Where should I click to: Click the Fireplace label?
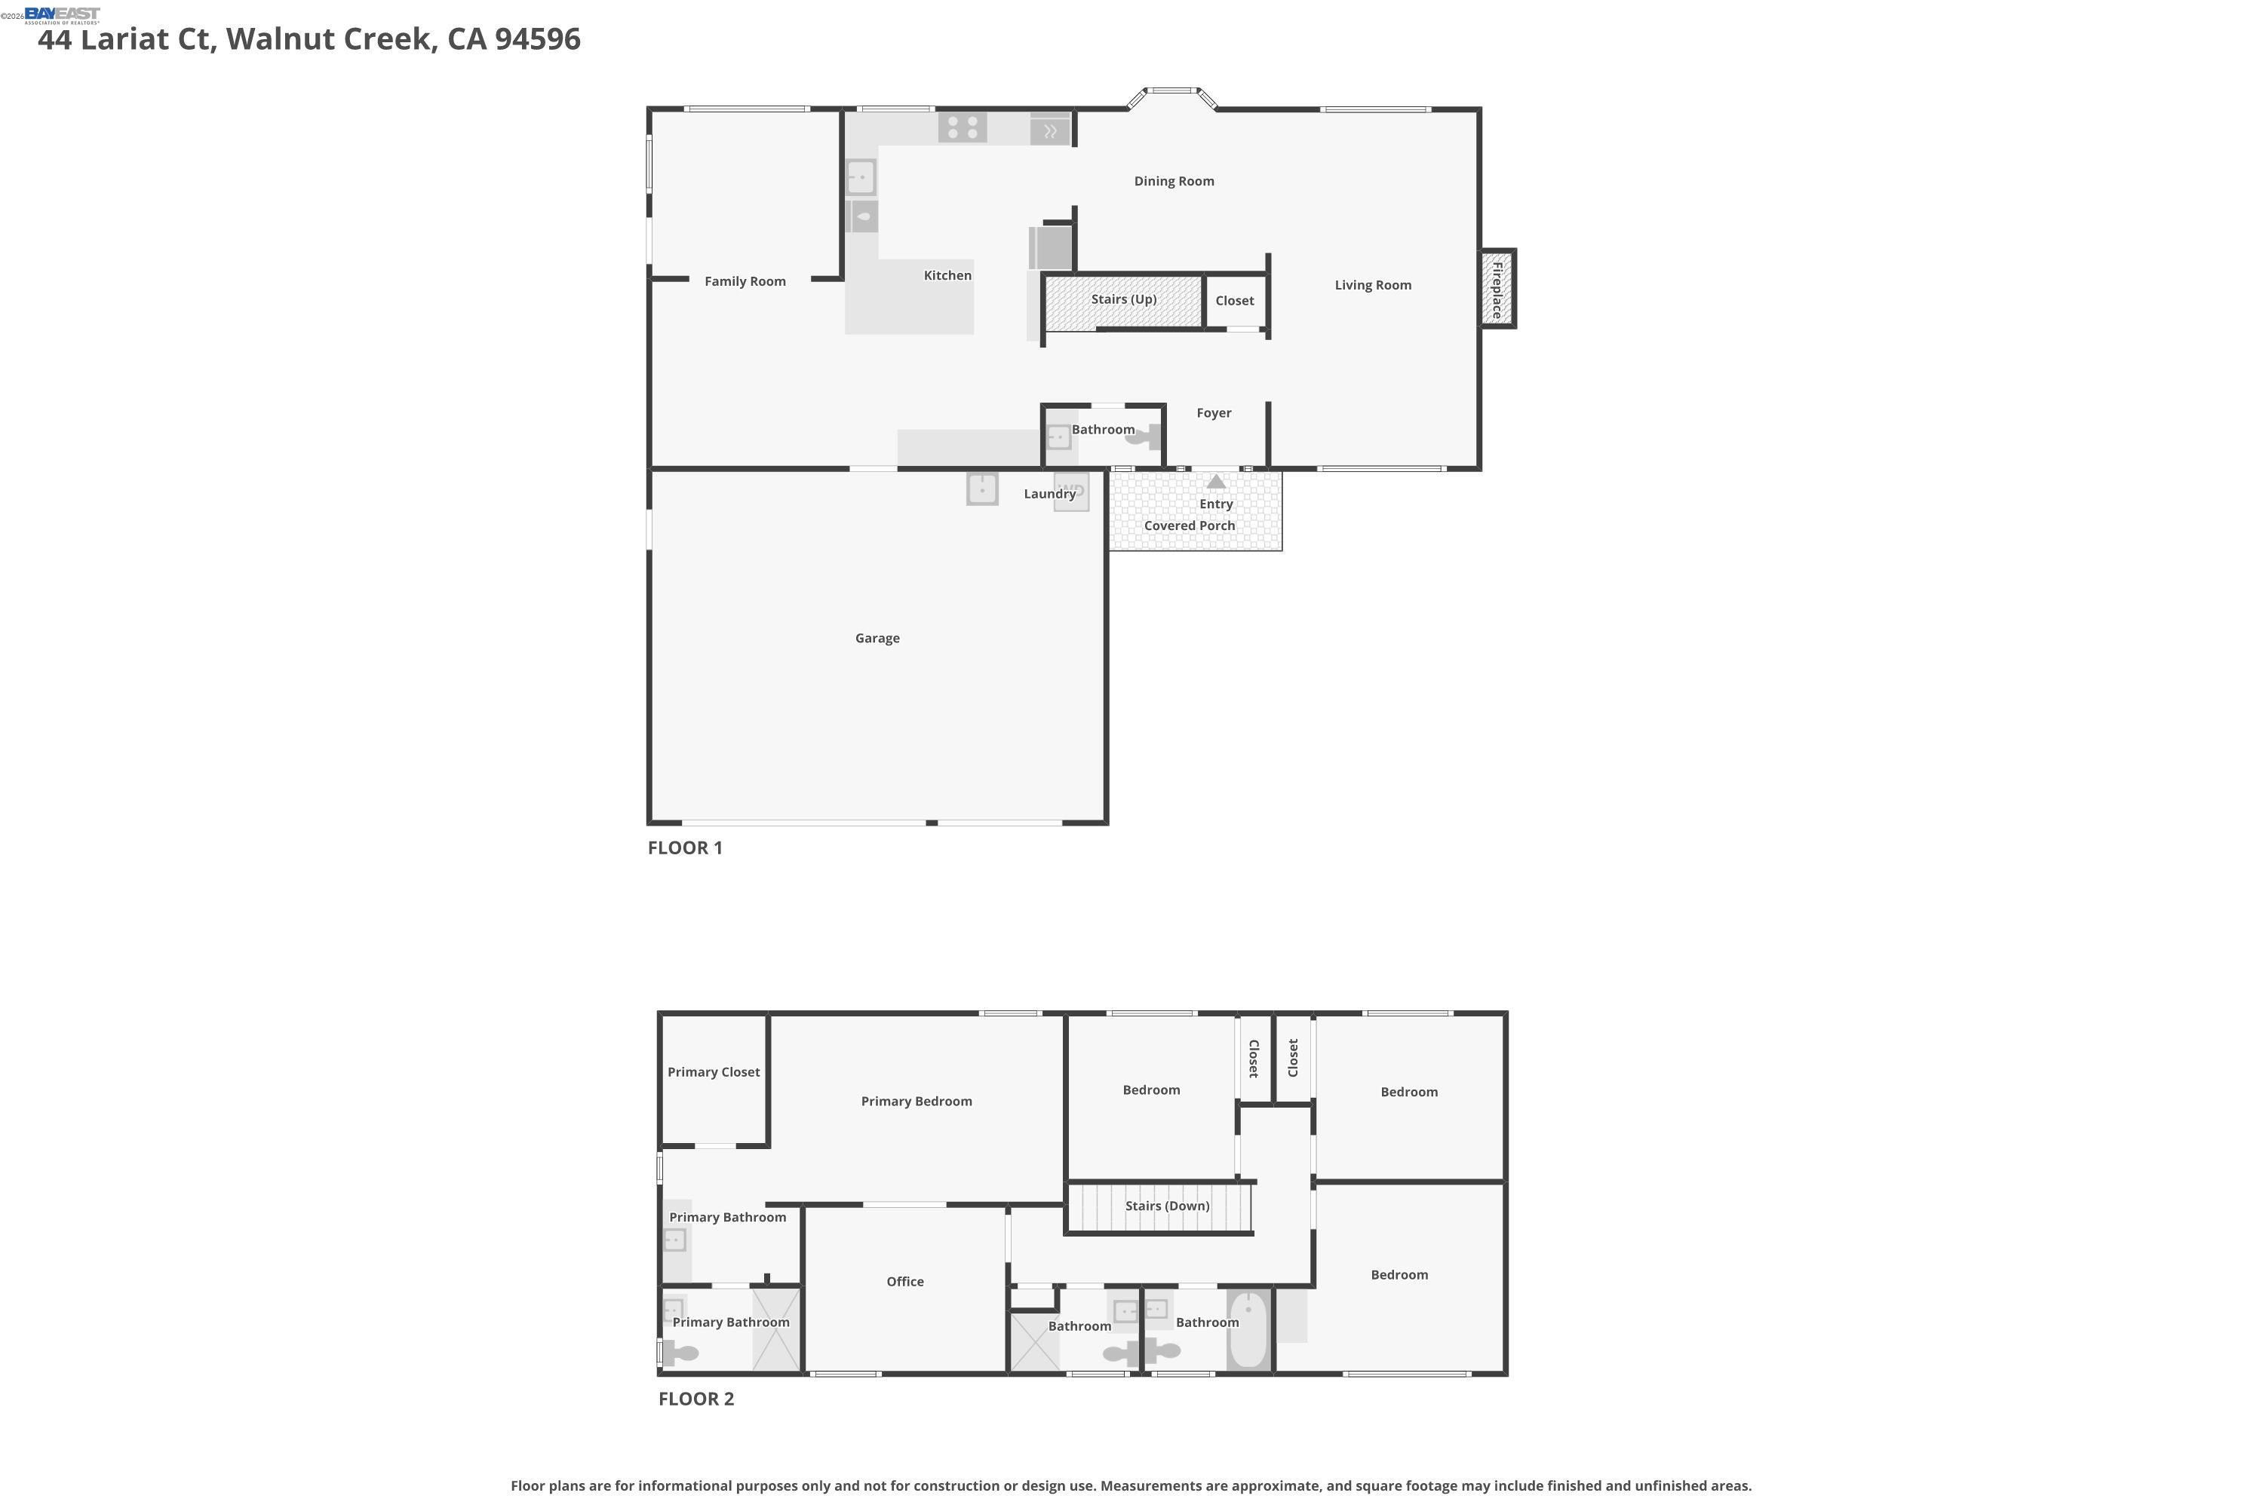1497,290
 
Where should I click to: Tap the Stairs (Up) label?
1123,299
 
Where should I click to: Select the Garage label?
877,639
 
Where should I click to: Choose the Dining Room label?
1173,181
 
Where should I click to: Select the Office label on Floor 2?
904,1282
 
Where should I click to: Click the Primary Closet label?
713,1072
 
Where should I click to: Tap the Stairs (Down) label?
1167,1206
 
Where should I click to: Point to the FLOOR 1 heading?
684,848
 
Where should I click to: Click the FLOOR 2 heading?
695,1399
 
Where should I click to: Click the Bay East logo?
62,14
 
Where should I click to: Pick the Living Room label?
1372,286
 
